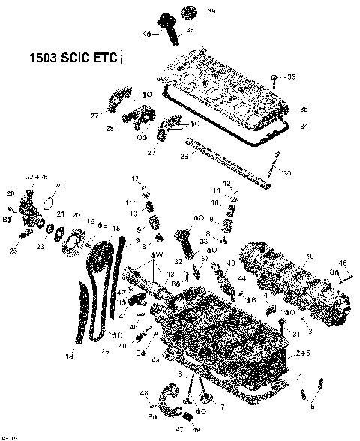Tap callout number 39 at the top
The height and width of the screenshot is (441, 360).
click(x=190, y=11)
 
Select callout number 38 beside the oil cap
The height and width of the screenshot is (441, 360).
click(x=190, y=30)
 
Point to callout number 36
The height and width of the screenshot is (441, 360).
click(x=291, y=76)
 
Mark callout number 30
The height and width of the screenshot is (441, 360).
click(x=287, y=173)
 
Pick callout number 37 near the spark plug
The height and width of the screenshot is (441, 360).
click(x=202, y=257)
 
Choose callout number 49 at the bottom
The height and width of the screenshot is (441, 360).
click(x=198, y=430)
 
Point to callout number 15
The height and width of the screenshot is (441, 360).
click(x=116, y=227)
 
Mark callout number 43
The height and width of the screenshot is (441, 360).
click(x=231, y=263)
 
